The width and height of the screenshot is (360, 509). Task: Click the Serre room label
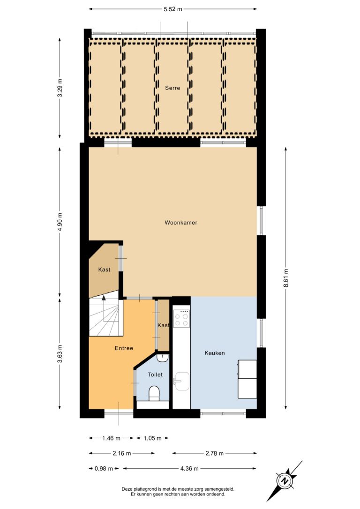pos(172,88)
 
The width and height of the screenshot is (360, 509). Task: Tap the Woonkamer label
pos(181,223)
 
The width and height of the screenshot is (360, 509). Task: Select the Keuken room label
pos(215,353)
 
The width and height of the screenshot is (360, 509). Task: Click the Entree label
pos(124,348)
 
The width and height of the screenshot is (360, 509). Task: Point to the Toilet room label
pos(155,374)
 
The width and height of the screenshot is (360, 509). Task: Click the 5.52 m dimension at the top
pos(173,9)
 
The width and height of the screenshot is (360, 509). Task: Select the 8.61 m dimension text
pos(285,278)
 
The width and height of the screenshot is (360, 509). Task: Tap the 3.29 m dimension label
pos(60,88)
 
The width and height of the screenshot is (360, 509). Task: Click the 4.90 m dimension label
pos(60,223)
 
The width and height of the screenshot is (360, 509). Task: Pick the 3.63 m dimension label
pos(60,354)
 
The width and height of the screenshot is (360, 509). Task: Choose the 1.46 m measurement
pos(112,438)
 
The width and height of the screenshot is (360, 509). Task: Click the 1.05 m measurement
pos(152,438)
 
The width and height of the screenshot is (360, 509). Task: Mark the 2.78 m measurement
pos(215,453)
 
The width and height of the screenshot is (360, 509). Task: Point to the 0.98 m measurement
pos(104,468)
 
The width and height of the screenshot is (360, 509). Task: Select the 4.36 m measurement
pos(189,468)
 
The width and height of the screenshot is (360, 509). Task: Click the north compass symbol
pos(285,481)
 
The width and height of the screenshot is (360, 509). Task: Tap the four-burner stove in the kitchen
pos(181,318)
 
